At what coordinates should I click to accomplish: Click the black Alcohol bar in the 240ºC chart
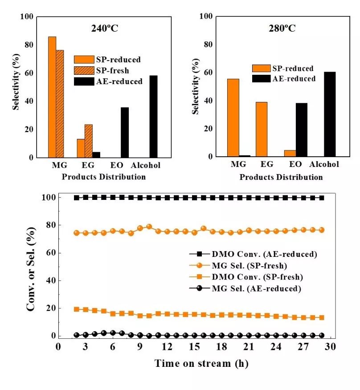[154, 117]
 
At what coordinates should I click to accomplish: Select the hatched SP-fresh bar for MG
[60, 104]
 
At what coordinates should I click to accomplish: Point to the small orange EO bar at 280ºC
[290, 153]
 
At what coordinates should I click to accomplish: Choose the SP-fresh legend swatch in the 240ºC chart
[84, 70]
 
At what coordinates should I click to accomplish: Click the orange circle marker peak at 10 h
[149, 227]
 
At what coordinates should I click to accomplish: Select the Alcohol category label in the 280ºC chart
[324, 164]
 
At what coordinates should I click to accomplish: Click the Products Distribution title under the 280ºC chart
[281, 177]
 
